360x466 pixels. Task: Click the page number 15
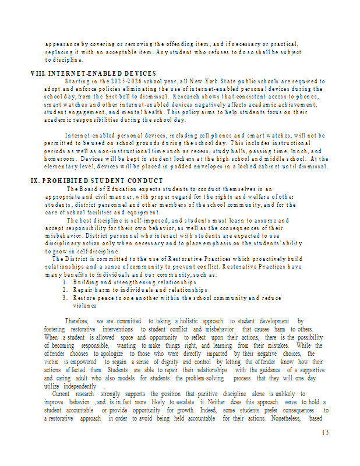[325, 432]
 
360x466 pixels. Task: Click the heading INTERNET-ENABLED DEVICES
[103, 73]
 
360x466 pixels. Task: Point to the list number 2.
[66, 290]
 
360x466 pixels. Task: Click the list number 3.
[66, 298]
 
